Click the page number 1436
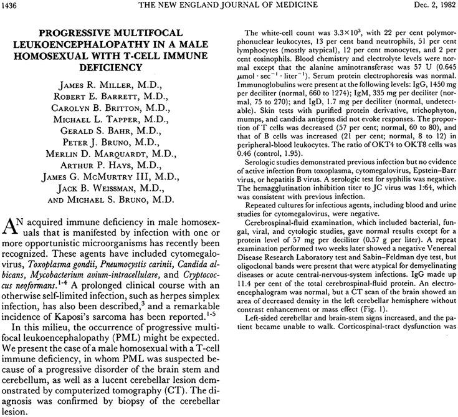(x=13, y=6)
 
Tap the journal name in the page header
(x=228, y=6)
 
